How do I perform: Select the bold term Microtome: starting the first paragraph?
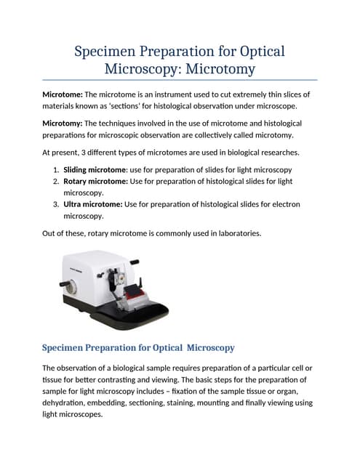[63, 94]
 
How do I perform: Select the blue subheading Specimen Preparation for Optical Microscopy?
[138, 347]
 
